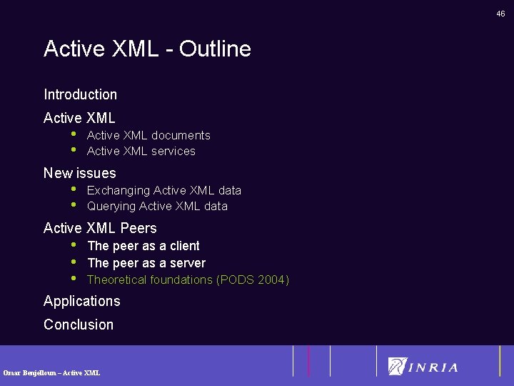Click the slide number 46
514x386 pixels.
[x=501, y=14]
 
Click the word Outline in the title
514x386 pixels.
[x=215, y=49]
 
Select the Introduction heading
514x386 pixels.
[x=80, y=94]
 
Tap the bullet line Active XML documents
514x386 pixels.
[x=148, y=135]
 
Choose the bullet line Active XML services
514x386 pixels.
[x=141, y=151]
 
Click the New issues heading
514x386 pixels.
[x=79, y=173]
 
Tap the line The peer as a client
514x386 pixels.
[x=143, y=246]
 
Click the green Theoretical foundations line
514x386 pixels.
[x=188, y=279]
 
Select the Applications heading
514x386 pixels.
[x=81, y=301]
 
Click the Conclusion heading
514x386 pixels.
[x=79, y=325]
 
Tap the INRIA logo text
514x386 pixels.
[x=433, y=367]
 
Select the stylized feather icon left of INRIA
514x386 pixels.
[x=396, y=366]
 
